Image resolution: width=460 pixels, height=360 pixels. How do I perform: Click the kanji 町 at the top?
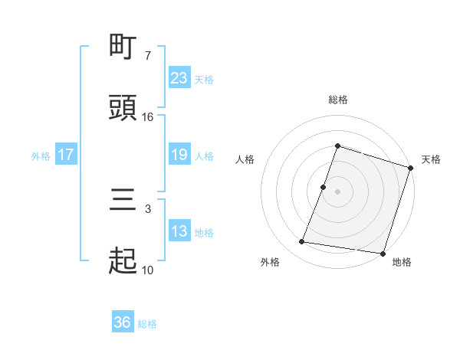[x=123, y=48]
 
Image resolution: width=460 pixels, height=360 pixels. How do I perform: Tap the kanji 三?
[x=123, y=200]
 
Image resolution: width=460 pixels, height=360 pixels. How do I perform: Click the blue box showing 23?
[x=179, y=77]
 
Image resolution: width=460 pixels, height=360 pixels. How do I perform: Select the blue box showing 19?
[x=179, y=155]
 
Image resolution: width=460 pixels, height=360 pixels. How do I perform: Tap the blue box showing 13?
[x=179, y=231]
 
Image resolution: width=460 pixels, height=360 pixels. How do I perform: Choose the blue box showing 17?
[x=66, y=155]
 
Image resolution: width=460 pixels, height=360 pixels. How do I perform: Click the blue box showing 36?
[x=123, y=322]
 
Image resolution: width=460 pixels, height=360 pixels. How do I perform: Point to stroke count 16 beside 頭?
[x=148, y=116]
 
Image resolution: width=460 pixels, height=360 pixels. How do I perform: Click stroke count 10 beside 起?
[x=148, y=270]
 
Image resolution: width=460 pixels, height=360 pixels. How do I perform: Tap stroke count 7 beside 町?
[x=148, y=55]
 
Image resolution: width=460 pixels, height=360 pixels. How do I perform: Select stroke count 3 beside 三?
[x=148, y=208]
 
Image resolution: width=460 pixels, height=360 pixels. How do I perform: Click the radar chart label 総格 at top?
[x=337, y=100]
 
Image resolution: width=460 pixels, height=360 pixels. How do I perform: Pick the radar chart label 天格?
[x=431, y=159]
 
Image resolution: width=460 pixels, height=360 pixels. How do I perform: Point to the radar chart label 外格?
[x=269, y=262]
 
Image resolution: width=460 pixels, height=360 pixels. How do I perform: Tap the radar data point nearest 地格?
[x=383, y=253]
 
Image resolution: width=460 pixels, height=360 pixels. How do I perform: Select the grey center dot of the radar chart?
[x=337, y=191]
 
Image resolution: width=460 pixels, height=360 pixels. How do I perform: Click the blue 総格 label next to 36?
[x=147, y=324]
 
